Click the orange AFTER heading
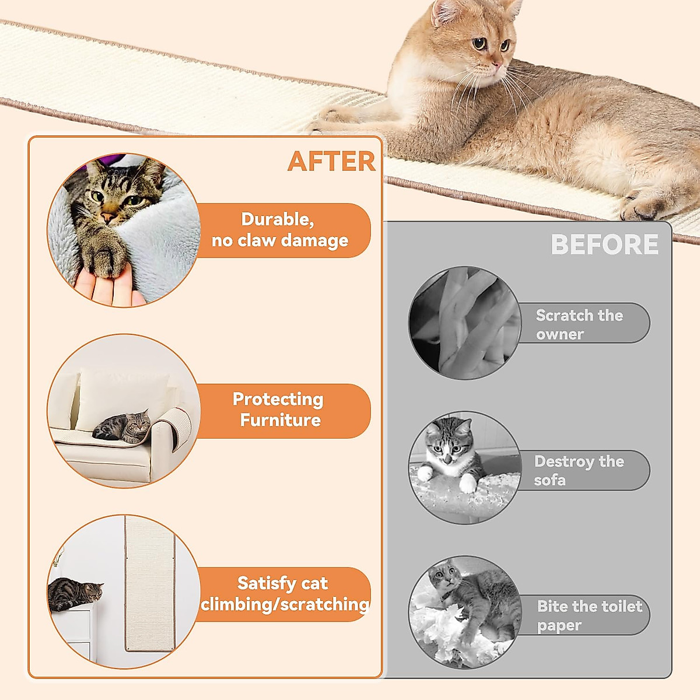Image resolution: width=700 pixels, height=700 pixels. click(331, 162)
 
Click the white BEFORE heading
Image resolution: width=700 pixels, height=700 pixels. click(604, 245)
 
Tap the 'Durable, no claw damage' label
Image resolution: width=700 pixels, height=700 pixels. click(280, 230)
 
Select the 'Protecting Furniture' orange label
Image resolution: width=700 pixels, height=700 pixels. click(279, 410)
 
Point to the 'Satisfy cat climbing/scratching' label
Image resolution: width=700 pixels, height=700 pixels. click(283, 594)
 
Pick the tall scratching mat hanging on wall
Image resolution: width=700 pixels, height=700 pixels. click(149, 583)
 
